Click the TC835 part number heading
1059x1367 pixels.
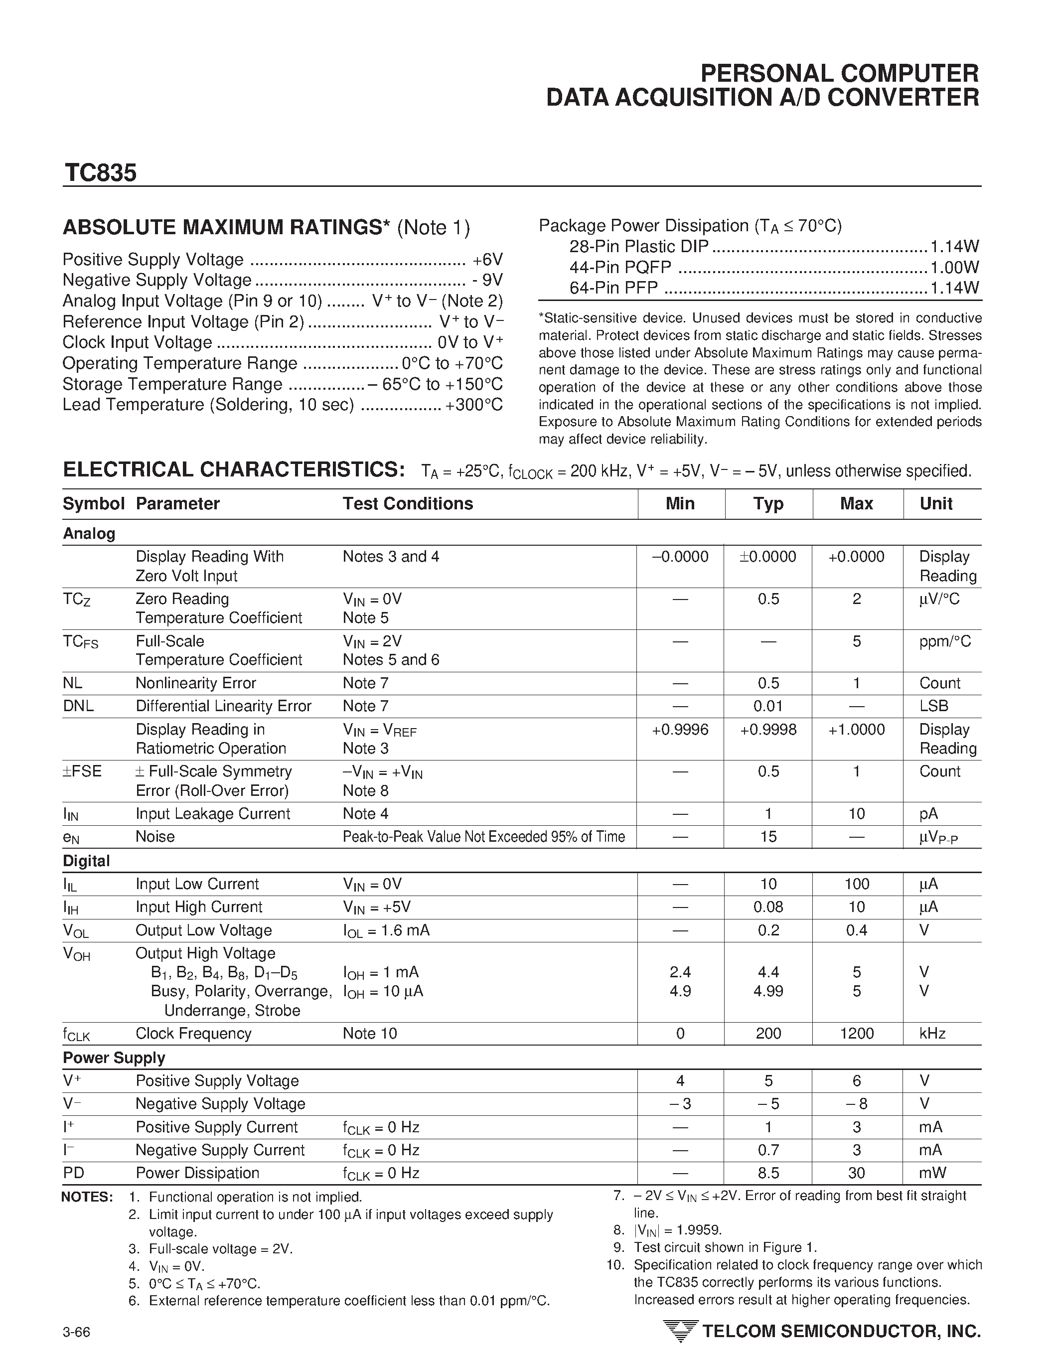tap(100, 173)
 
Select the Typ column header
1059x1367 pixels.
tap(768, 504)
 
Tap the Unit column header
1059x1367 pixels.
tap(936, 504)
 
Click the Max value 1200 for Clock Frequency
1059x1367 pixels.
tap(856, 1034)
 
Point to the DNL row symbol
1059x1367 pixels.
tap(78, 706)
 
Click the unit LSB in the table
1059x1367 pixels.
tap(934, 706)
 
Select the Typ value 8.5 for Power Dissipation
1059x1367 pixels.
tap(768, 1173)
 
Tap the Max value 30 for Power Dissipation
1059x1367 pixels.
tap(856, 1173)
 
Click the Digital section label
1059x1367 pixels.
tap(86, 861)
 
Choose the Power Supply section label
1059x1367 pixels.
tap(114, 1058)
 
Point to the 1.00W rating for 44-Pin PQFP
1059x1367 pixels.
tap(954, 267)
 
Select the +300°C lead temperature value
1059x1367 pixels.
tap(474, 405)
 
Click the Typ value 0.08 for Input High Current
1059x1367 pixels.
tap(768, 907)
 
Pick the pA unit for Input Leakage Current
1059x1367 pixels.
tap(929, 814)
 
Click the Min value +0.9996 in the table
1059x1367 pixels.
tap(680, 730)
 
